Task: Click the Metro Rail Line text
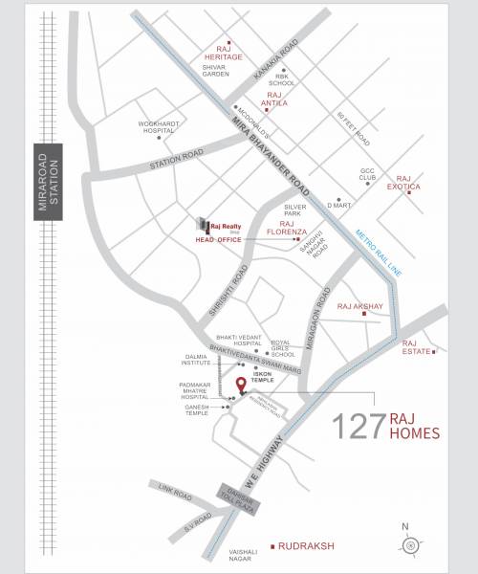(369, 251)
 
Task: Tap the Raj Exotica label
(409, 183)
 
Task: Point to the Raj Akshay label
(360, 307)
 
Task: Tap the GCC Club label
(369, 175)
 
